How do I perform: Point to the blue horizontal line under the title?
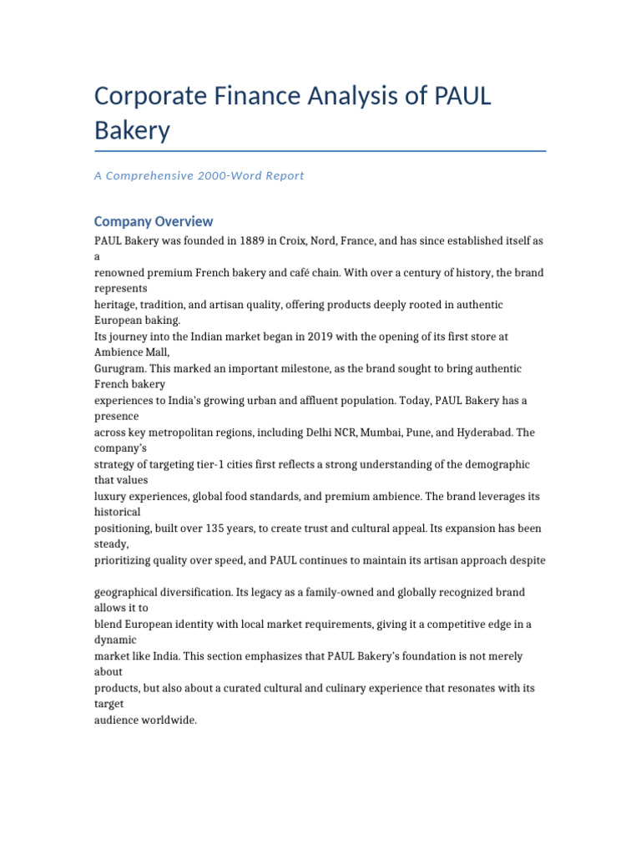320,151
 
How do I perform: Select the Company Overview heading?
154,221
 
